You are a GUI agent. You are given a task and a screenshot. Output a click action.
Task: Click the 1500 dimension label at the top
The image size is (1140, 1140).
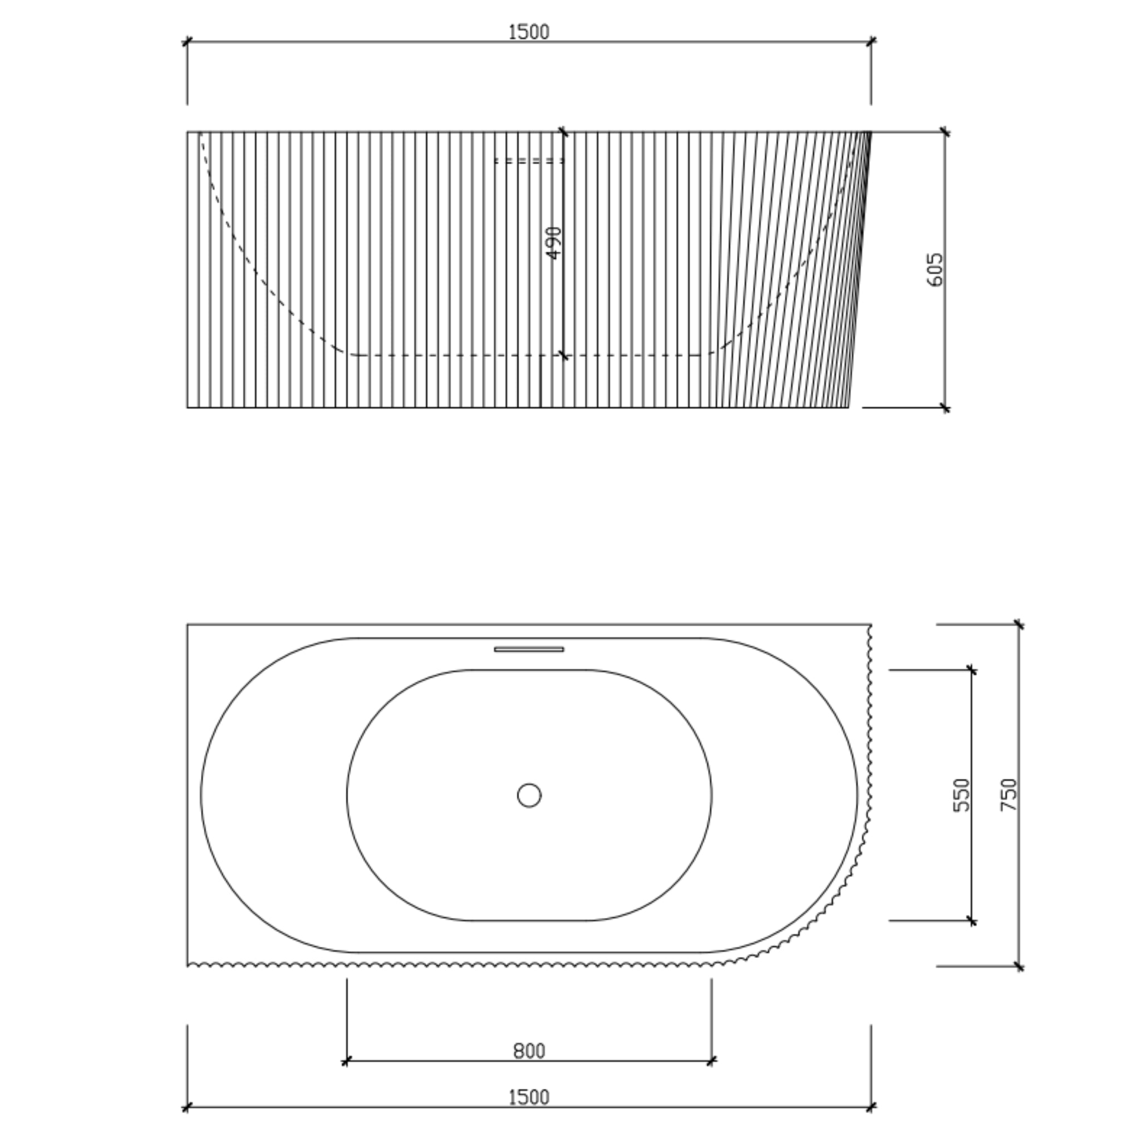click(528, 32)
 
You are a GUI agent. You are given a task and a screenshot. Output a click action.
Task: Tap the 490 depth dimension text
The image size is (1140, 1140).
click(554, 243)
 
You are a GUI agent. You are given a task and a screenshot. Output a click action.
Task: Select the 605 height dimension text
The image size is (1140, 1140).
click(935, 269)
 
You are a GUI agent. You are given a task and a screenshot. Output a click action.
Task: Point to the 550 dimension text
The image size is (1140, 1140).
click(961, 795)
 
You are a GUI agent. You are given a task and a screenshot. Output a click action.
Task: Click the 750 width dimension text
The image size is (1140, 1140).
click(1009, 795)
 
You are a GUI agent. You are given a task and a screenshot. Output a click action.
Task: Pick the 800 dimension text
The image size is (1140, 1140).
click(529, 1051)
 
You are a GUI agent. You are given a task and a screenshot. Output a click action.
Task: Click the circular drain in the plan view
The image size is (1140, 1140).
click(529, 795)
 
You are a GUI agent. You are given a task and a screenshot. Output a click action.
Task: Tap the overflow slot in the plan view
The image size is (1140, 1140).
click(529, 649)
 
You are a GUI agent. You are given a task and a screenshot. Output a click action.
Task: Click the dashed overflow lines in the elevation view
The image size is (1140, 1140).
click(529, 160)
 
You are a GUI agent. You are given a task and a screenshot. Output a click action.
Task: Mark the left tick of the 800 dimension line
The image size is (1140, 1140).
click(347, 1062)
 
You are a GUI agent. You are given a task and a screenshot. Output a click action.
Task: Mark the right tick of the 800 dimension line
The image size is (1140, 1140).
click(711, 1062)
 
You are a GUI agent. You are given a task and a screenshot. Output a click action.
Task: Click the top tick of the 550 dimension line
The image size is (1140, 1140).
click(972, 670)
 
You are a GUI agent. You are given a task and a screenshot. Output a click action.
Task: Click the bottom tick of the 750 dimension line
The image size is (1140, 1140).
click(1019, 966)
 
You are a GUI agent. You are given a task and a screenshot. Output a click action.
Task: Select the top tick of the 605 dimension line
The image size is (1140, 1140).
click(945, 132)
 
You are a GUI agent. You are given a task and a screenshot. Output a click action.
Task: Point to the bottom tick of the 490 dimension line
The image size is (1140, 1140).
click(563, 355)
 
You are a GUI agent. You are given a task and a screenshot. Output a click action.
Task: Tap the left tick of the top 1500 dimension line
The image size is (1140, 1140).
click(188, 41)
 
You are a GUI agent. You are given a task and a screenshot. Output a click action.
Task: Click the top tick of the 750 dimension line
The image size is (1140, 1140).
click(1019, 625)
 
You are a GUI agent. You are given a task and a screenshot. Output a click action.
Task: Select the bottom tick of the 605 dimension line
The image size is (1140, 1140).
click(945, 407)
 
